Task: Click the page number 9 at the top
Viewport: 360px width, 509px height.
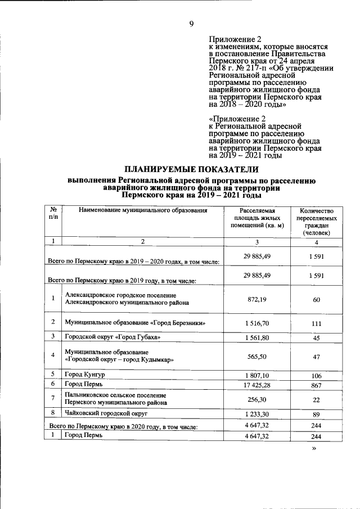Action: tap(192, 24)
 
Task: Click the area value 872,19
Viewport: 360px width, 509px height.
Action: tap(256, 299)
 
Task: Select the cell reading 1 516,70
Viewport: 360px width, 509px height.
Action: tap(256, 323)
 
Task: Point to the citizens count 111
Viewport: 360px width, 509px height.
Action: tap(317, 323)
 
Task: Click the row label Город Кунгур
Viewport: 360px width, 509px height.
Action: tap(84, 375)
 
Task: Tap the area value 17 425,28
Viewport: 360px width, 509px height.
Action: tap(256, 384)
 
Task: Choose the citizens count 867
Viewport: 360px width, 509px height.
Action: tap(317, 384)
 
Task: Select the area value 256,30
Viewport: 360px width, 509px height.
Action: tap(256, 399)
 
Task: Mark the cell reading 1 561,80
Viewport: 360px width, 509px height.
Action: tap(256, 337)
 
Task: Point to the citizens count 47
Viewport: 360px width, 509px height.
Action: tap(317, 356)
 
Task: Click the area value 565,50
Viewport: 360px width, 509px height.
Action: tap(256, 356)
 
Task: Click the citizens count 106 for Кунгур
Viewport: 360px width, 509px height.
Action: tap(317, 375)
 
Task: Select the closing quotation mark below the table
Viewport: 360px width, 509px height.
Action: tap(315, 450)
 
